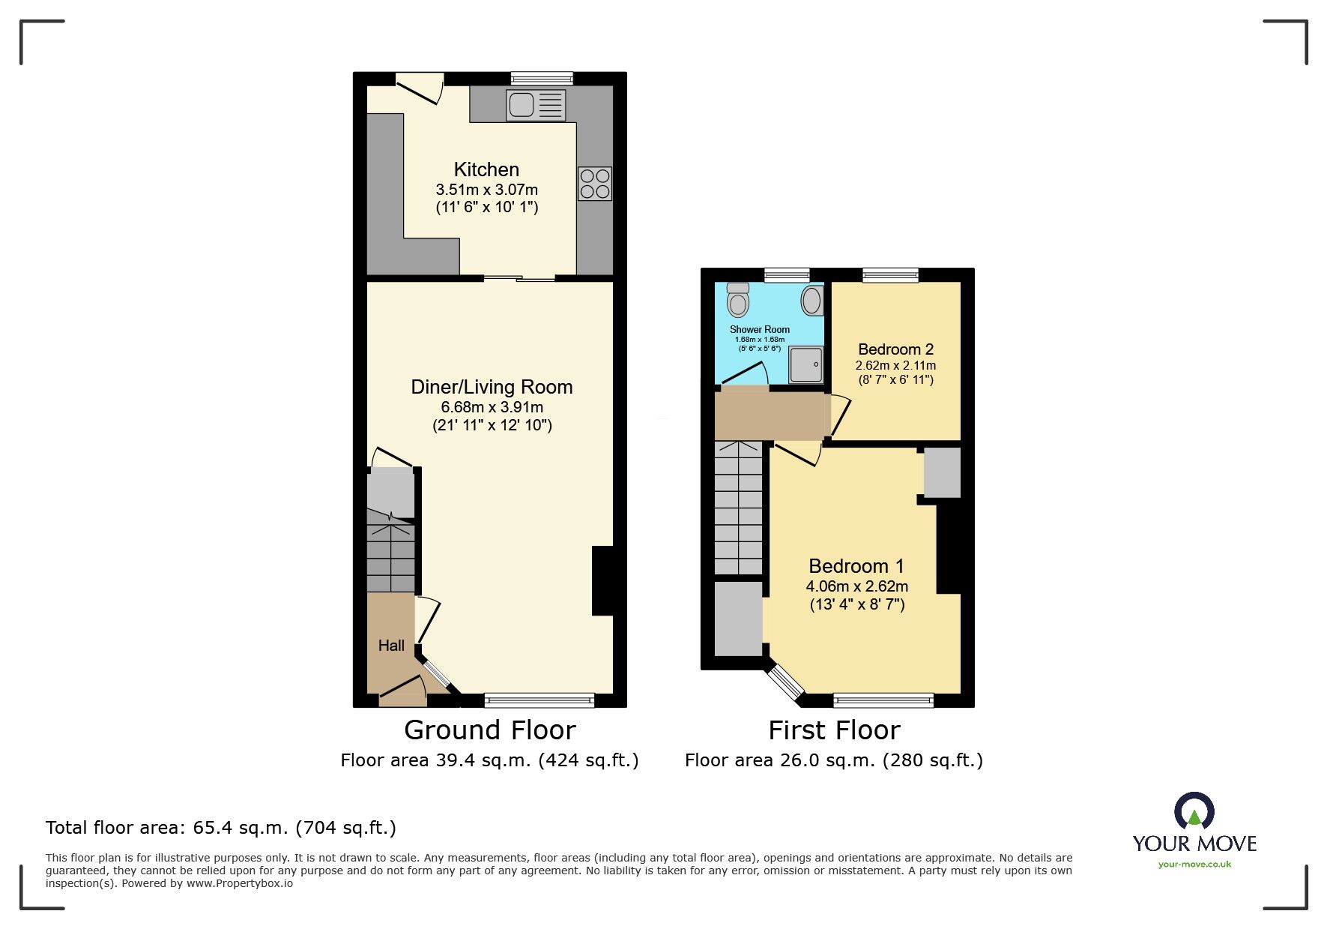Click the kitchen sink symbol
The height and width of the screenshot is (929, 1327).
point(535,105)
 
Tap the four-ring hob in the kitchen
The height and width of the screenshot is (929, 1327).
point(595,184)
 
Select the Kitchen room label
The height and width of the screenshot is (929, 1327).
point(486,169)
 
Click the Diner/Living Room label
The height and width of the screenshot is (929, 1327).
point(492,387)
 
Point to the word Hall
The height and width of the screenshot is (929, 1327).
point(391,646)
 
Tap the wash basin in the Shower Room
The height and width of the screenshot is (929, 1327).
point(811,301)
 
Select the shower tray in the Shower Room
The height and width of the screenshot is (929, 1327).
point(806,364)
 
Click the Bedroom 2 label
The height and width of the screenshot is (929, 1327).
point(895,349)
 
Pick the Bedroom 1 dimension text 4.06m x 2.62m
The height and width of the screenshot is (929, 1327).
point(856,586)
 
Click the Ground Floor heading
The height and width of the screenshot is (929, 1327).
point(489,730)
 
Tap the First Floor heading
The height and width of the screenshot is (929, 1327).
point(834,730)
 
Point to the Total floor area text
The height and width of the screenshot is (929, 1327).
point(221,828)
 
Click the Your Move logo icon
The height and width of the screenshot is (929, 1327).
point(1194,812)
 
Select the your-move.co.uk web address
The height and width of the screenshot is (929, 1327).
point(1194,865)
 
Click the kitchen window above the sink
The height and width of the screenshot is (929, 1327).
point(542,78)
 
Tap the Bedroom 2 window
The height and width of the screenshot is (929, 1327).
point(890,274)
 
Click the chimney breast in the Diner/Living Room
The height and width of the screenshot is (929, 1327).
point(602,581)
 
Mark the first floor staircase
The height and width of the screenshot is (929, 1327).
point(738,509)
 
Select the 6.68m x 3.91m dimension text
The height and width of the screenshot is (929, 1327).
point(492,407)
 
